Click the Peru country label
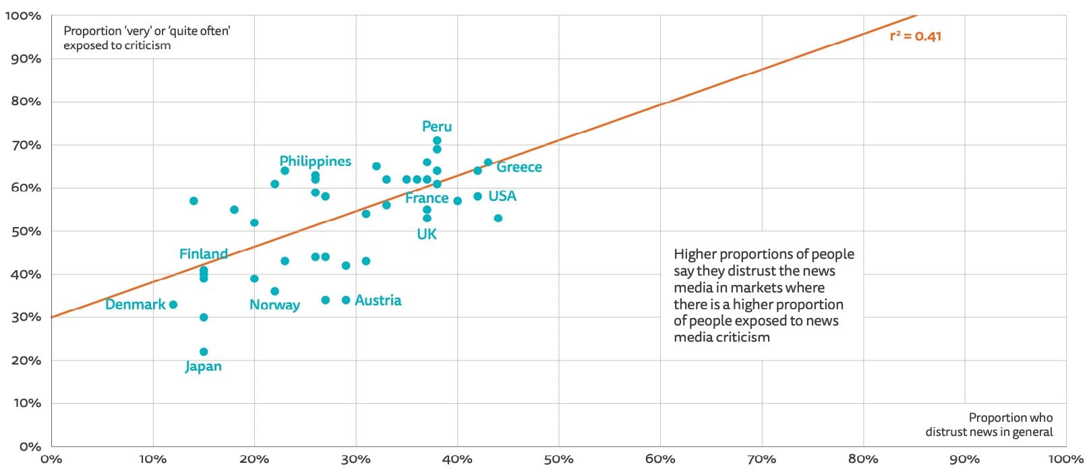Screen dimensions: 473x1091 pyautogui.click(x=436, y=127)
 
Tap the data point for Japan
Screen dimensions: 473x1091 pyautogui.click(x=204, y=352)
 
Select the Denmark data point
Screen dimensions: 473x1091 pyautogui.click(x=173, y=305)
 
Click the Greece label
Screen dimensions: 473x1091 pyautogui.click(x=519, y=167)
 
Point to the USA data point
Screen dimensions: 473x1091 pyautogui.click(x=477, y=196)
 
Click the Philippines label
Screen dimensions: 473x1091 pyautogui.click(x=315, y=161)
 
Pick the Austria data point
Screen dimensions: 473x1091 pyautogui.click(x=346, y=300)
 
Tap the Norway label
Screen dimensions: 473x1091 pyautogui.click(x=274, y=305)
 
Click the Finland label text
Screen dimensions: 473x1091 pyautogui.click(x=203, y=254)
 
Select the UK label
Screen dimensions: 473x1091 pyautogui.click(x=427, y=234)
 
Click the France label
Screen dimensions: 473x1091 pyautogui.click(x=426, y=198)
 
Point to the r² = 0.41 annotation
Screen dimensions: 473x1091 pyautogui.click(x=915, y=36)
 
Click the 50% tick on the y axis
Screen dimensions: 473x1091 pyautogui.click(x=26, y=231)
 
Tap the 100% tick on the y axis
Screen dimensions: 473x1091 pyautogui.click(x=23, y=15)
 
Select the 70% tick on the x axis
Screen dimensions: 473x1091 pyautogui.click(x=761, y=460)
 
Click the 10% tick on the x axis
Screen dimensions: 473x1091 pyautogui.click(x=152, y=460)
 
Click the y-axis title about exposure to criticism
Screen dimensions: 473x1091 pyautogui.click(x=146, y=38)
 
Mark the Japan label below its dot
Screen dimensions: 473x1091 pyautogui.click(x=203, y=367)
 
